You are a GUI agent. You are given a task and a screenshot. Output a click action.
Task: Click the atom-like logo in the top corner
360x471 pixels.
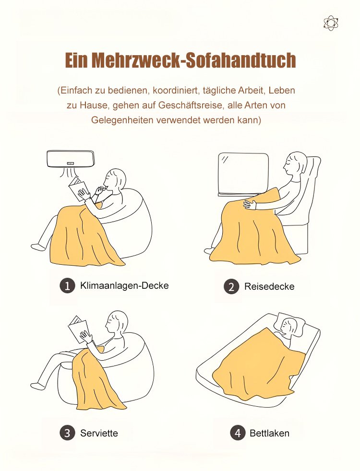(331, 24)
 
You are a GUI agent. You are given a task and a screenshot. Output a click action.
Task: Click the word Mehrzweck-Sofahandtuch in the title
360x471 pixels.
(193, 60)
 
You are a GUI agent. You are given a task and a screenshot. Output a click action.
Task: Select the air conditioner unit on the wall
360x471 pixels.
(71, 159)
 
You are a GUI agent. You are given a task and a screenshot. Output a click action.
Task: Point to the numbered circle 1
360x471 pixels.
(67, 285)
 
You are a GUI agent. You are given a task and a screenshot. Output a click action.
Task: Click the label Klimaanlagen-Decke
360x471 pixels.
(124, 285)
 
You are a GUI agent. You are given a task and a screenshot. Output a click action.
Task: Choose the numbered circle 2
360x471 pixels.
(231, 286)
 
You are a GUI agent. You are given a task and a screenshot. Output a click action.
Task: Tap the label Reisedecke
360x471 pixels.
(269, 286)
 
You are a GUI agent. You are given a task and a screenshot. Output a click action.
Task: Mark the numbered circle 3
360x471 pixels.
(67, 433)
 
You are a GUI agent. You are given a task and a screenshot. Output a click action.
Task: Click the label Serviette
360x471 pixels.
(99, 433)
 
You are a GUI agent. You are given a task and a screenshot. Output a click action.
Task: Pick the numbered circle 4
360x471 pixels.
(238, 433)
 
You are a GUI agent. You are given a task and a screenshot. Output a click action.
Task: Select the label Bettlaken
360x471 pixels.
(269, 433)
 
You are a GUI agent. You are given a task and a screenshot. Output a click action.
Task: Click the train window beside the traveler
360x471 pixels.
(243, 174)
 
